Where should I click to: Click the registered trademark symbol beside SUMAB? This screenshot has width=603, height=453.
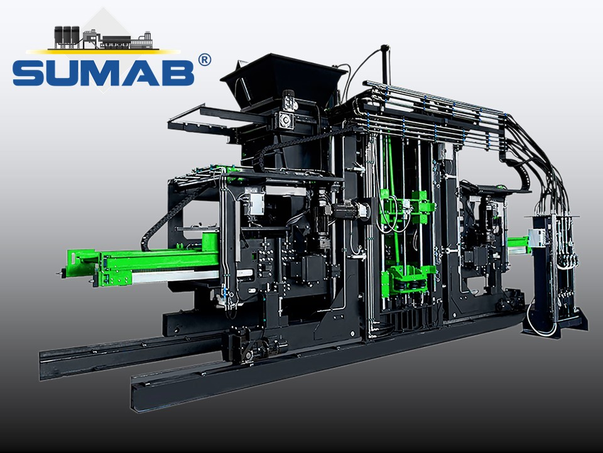(x=204, y=60)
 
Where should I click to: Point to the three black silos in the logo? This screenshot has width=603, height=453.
(x=67, y=36)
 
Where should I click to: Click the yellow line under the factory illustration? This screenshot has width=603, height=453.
(x=103, y=51)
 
